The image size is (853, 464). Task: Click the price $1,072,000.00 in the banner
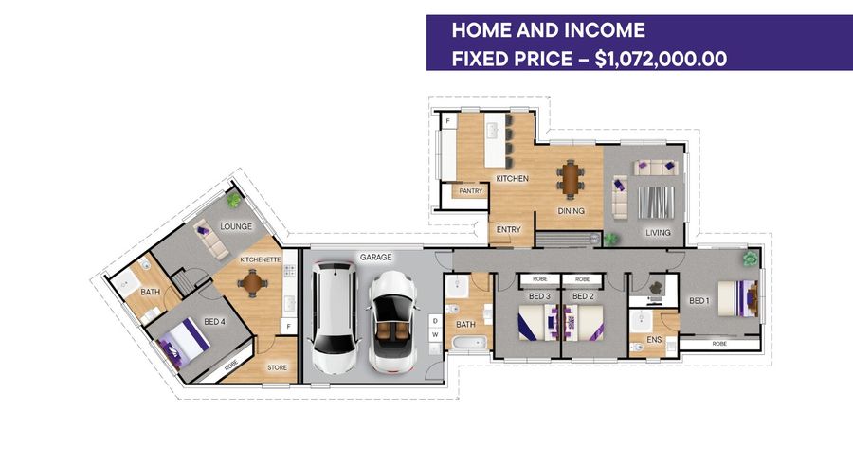pos(661,59)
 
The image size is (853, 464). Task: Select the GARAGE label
pos(375,257)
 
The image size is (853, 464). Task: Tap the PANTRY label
pos(470,191)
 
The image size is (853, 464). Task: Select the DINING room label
pos(571,211)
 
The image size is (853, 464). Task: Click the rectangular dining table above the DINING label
pos(570,177)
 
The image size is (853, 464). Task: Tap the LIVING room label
pos(658,232)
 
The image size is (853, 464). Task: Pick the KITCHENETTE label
pos(259,259)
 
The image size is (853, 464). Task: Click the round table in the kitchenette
pos(252,280)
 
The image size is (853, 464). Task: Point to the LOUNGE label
pos(234,227)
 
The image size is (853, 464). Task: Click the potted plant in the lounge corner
pos(234,200)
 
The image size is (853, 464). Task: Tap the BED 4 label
pos(215,322)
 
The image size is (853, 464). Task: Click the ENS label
pos(653,338)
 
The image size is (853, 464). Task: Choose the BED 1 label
pos(699,301)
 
